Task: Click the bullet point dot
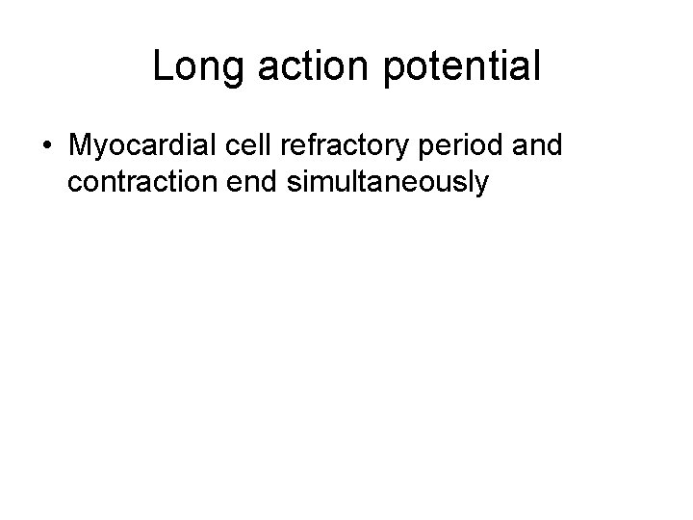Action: pyautogui.click(x=47, y=146)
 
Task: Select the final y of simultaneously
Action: pyautogui.click(x=483, y=185)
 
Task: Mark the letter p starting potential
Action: pyautogui.click(x=387, y=70)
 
